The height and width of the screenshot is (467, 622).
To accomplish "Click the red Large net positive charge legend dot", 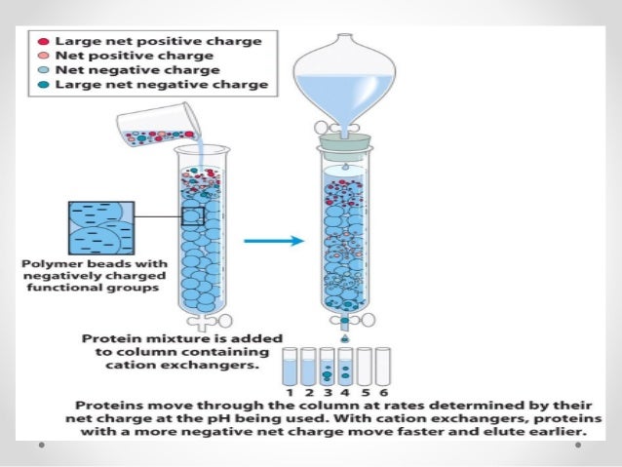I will (44, 42).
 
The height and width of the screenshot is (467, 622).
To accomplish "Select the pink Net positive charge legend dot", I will (44, 57).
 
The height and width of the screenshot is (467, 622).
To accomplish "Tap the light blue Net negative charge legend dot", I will (44, 70).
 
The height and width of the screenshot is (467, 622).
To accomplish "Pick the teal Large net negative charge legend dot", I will (44, 85).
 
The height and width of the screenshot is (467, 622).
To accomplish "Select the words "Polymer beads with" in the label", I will (89, 264).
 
